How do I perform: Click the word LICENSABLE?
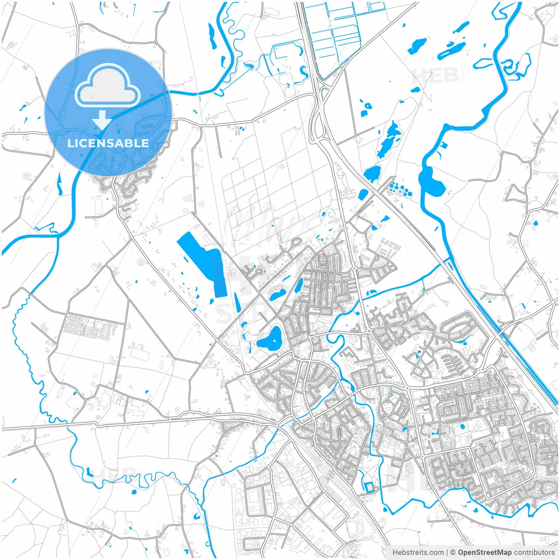pos(108,143)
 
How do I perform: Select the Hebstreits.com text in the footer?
pos(418,553)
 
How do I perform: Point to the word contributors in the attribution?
pos(534,553)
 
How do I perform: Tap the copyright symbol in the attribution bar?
pos(453,553)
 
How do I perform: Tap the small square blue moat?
pos(369,487)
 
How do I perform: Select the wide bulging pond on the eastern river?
pos(431,180)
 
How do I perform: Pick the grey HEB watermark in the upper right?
pos(435,77)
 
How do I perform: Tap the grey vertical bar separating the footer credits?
pos(447,553)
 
